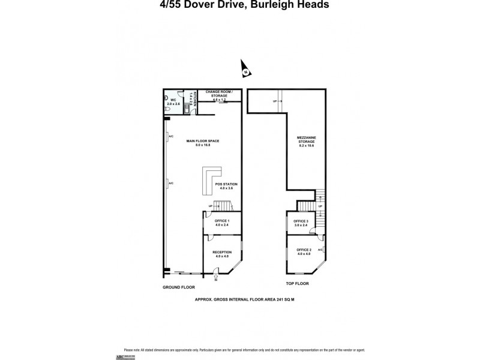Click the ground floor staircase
223,206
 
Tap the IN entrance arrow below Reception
216,277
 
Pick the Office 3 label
301,223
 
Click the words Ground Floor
179,288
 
